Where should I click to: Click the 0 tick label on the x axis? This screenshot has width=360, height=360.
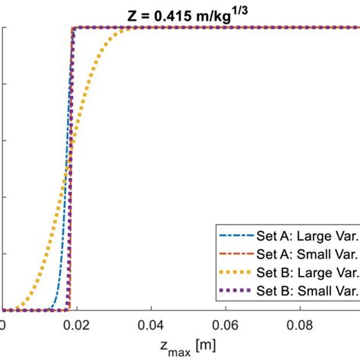tap(3, 324)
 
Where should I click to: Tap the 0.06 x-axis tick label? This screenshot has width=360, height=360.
tap(225, 324)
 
